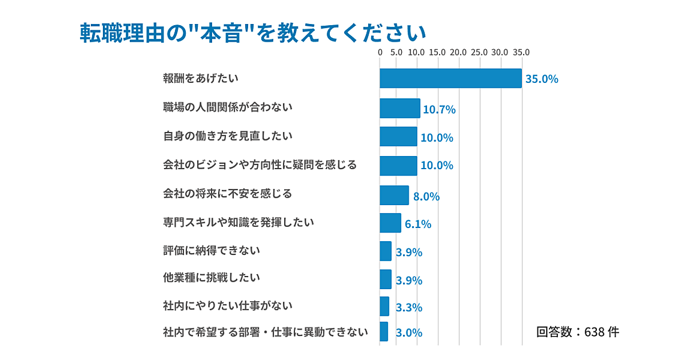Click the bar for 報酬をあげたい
click(450, 79)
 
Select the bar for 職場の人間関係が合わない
click(400, 108)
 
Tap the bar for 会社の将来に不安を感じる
click(394, 195)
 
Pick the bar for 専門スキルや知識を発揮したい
click(390, 223)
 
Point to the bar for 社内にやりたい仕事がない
click(384, 306)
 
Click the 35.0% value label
click(541, 79)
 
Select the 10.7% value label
click(439, 110)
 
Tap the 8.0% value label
click(426, 197)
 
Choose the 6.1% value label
click(418, 225)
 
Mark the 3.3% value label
click(409, 307)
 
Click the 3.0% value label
click(409, 333)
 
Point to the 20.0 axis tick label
click(458, 53)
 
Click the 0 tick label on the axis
click(380, 53)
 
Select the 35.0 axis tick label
click(520, 53)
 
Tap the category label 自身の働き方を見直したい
click(228, 136)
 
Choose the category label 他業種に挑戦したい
click(212, 278)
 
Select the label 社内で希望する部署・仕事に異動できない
click(265, 331)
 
